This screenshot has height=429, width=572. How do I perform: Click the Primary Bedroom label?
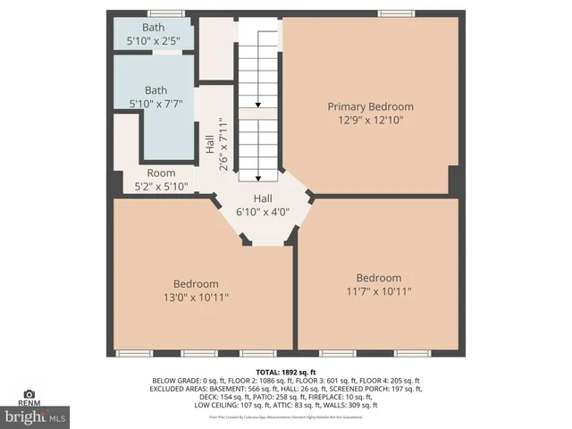click(x=370, y=106)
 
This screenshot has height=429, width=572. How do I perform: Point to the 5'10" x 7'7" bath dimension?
click(x=156, y=103)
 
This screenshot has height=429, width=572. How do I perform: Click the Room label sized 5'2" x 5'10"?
click(x=161, y=173)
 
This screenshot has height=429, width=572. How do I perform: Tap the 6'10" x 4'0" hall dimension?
click(x=263, y=212)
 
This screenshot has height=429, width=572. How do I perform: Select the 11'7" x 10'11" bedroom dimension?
click(x=378, y=290)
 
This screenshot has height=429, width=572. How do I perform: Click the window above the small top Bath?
click(x=161, y=13)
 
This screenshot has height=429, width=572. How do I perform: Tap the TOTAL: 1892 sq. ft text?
click(x=286, y=371)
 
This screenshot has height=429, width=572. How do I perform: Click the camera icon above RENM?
click(x=29, y=393)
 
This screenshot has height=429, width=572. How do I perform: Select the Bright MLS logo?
click(x=36, y=416)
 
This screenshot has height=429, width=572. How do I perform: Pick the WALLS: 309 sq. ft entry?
click(x=351, y=405)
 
